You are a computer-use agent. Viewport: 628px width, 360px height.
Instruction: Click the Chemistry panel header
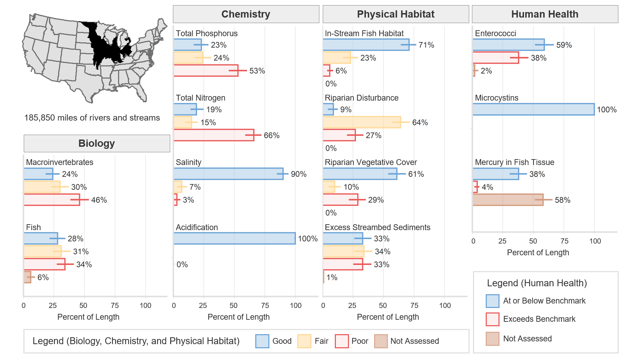point(246,14)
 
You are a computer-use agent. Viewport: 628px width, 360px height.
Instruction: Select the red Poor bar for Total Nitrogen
point(214,135)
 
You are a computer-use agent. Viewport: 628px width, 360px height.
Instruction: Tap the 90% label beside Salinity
point(298,174)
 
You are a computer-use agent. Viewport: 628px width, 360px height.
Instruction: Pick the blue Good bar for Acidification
point(234,238)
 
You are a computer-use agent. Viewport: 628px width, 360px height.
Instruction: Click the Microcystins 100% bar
point(533,109)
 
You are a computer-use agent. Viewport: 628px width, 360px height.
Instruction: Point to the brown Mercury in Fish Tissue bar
point(508,200)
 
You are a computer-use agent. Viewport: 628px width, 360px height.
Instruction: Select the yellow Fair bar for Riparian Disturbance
point(362,122)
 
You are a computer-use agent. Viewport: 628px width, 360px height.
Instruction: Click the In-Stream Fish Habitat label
point(364,33)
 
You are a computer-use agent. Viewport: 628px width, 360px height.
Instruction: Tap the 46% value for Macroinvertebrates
point(99,200)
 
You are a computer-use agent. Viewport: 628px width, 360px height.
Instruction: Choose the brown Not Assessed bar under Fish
point(28,277)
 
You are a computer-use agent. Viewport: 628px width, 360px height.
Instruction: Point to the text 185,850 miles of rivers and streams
point(92,118)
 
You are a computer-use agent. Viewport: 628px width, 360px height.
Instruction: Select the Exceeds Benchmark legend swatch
point(492,319)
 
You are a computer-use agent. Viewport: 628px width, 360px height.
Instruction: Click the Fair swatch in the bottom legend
point(304,341)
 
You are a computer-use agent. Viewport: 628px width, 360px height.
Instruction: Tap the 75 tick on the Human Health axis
point(564,241)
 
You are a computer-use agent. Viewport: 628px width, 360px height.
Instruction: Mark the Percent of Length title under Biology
point(88,317)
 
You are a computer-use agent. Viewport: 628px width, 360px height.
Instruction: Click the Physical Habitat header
point(395,14)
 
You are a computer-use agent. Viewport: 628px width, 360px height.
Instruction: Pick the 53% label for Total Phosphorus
point(257,71)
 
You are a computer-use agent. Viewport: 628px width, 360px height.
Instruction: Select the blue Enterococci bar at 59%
point(508,45)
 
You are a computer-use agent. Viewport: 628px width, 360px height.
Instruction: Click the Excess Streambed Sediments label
point(377,227)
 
